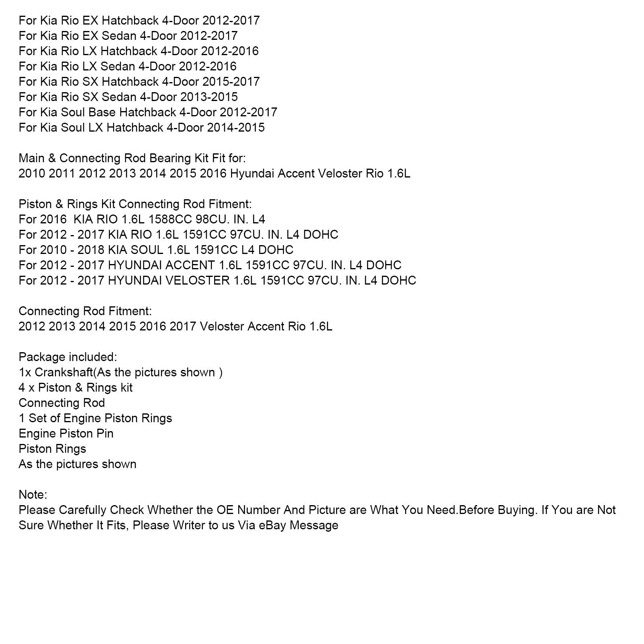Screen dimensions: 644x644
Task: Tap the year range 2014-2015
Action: [x=236, y=128]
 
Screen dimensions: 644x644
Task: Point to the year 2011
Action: [x=62, y=173]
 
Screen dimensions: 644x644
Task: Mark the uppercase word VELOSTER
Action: [x=199, y=281]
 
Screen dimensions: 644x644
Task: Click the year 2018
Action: [x=91, y=250]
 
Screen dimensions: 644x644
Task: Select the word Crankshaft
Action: [x=64, y=372]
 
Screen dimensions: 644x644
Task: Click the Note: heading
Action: [x=33, y=495]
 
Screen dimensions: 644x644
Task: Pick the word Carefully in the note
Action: [x=83, y=510]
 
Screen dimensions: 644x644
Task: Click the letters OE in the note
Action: [x=225, y=510]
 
